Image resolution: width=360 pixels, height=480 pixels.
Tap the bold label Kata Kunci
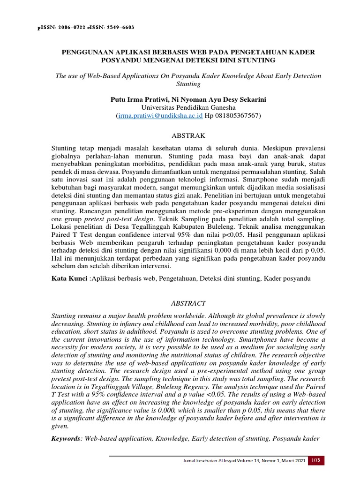click(69, 278)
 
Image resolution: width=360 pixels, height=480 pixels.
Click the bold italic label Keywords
click(66, 439)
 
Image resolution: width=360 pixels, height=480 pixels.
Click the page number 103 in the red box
click(316, 461)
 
